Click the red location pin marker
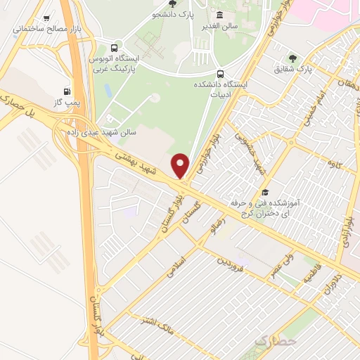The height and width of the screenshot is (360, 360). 181,165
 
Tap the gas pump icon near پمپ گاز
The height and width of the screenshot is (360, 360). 67,91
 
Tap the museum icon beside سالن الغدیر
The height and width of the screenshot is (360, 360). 220,15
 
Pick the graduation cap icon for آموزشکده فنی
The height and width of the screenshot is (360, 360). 265,192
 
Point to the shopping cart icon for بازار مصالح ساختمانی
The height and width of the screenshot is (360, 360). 47,18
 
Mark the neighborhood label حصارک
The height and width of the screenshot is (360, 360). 272,342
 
